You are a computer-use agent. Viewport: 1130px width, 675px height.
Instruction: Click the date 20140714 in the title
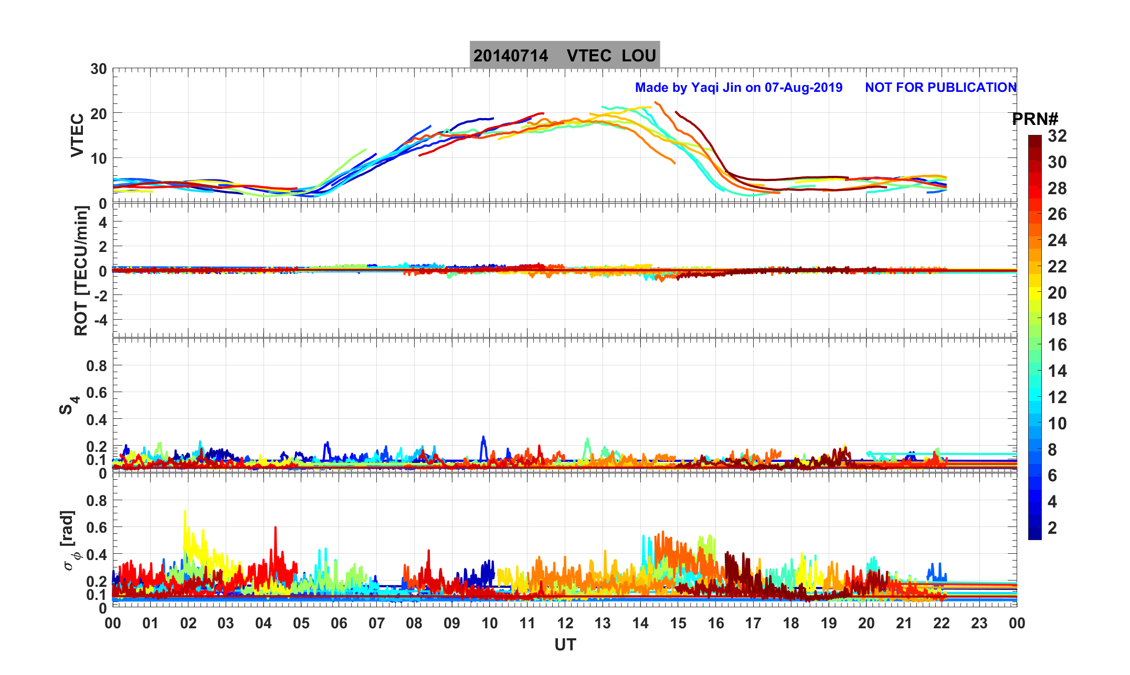511,56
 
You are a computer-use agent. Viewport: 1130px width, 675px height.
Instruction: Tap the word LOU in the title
639,56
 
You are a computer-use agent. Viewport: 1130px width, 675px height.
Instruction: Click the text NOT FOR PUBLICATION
941,88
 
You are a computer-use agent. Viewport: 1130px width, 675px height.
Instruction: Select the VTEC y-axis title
77,135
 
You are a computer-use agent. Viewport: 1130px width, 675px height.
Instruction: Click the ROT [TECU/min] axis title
81,270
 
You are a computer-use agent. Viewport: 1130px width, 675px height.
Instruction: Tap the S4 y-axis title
68,405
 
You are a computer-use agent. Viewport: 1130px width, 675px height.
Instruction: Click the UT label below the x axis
565,645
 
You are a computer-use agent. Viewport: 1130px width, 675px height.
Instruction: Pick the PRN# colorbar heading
1035,119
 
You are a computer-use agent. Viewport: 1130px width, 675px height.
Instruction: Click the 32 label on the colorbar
1057,136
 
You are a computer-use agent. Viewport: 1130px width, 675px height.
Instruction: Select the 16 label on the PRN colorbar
1057,345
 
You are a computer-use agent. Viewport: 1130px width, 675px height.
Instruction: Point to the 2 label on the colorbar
1052,528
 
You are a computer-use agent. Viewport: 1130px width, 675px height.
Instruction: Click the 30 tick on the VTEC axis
98,69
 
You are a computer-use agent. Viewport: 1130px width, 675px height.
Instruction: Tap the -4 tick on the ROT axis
98,319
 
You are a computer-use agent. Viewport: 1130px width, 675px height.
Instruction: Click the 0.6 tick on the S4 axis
96,392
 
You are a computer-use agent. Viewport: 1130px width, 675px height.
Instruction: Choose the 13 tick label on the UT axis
603,623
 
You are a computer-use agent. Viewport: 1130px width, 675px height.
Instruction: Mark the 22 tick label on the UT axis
942,623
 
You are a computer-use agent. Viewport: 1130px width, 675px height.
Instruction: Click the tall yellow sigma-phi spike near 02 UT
185,512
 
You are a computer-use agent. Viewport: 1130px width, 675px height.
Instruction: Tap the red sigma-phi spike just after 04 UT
275,528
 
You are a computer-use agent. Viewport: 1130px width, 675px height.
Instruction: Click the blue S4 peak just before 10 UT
483,437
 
